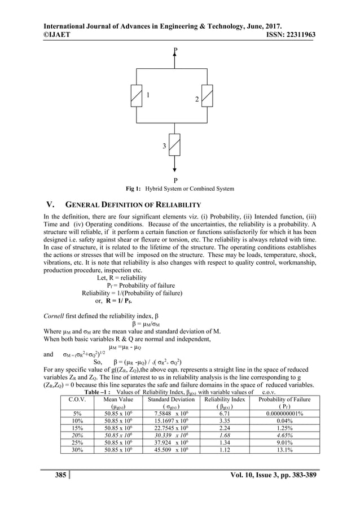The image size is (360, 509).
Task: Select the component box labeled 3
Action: tap(175, 146)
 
